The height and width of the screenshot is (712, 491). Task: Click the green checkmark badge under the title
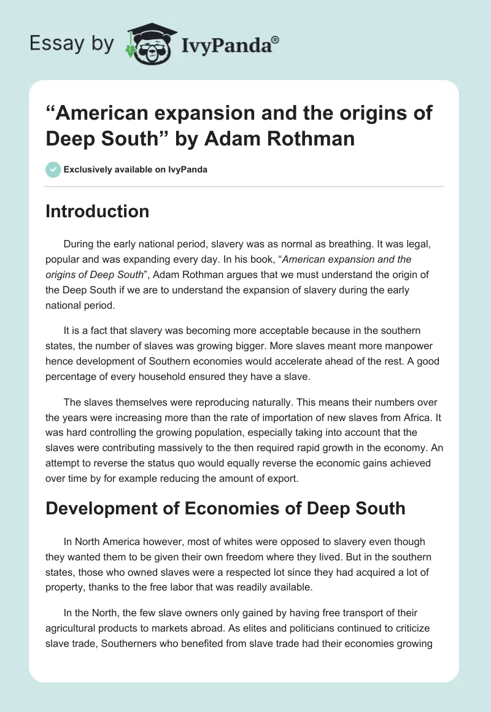(x=53, y=169)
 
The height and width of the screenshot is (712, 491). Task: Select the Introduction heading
(x=97, y=211)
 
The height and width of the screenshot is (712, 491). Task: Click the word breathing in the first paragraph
(x=339, y=244)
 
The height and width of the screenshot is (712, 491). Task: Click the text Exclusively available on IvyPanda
(x=136, y=169)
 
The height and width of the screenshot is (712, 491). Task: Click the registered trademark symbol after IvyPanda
(x=276, y=40)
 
